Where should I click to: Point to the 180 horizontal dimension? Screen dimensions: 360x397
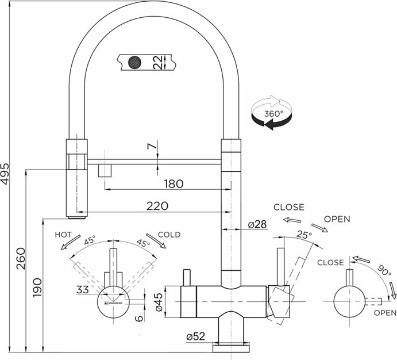(174, 184)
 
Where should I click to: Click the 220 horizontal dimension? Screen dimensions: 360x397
(157, 206)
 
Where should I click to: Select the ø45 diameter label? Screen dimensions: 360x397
(160, 301)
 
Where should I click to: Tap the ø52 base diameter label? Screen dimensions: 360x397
(196, 338)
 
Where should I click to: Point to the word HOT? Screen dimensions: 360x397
(63, 235)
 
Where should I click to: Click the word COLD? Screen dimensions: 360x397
(169, 235)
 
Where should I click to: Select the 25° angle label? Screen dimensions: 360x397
(304, 235)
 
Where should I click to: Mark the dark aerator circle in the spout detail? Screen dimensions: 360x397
(135, 61)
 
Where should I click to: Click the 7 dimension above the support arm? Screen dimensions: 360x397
(151, 147)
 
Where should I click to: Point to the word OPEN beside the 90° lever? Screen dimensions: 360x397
(384, 313)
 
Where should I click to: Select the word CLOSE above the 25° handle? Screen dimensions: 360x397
(288, 207)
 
